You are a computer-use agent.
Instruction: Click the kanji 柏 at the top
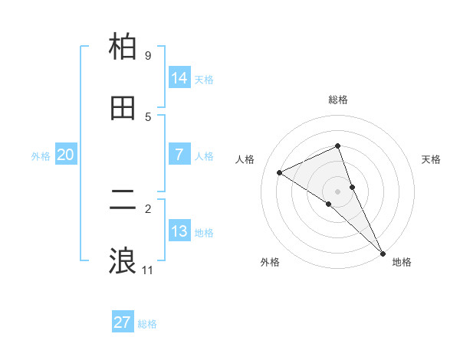[123, 47]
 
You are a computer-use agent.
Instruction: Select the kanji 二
[123, 201]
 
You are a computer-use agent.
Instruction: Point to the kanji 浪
[123, 261]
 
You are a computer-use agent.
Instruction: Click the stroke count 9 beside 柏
[147, 56]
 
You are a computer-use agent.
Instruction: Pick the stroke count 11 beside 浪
[148, 270]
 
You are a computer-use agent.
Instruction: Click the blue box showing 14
[179, 78]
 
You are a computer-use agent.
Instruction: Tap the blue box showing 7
[179, 155]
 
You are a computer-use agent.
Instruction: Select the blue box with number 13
[179, 231]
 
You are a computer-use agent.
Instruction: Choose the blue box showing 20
[66, 155]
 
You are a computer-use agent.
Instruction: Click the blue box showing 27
[123, 322]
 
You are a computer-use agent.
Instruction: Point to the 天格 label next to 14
[204, 80]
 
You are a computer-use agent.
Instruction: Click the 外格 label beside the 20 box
[41, 156]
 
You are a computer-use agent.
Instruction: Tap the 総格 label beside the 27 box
[147, 324]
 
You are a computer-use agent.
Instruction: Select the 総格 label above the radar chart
[338, 100]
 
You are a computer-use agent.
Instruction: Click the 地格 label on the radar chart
[402, 263]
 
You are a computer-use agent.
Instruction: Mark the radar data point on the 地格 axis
[383, 252]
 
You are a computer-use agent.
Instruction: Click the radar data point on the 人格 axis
[279, 172]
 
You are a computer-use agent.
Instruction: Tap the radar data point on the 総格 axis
[338, 146]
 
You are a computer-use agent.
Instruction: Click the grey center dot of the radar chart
[338, 191]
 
